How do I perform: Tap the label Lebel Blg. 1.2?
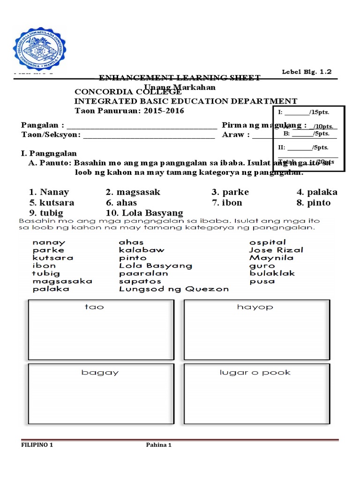(x=307, y=72)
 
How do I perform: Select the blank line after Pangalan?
(x=142, y=126)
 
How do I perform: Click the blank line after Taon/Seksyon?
(x=149, y=135)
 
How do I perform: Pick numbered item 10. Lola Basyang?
(x=144, y=213)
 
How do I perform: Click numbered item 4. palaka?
(x=316, y=192)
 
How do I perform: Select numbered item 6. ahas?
(x=121, y=202)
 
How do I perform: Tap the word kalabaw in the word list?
(x=142, y=250)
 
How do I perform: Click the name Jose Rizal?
(x=276, y=250)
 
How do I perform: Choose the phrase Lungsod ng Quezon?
(x=174, y=289)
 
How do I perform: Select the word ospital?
(x=268, y=242)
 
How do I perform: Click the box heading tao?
(x=94, y=307)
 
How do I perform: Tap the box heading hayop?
(x=255, y=307)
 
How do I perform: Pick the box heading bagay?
(x=100, y=373)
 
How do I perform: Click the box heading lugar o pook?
(x=255, y=373)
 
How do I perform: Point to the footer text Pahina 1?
(x=158, y=445)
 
